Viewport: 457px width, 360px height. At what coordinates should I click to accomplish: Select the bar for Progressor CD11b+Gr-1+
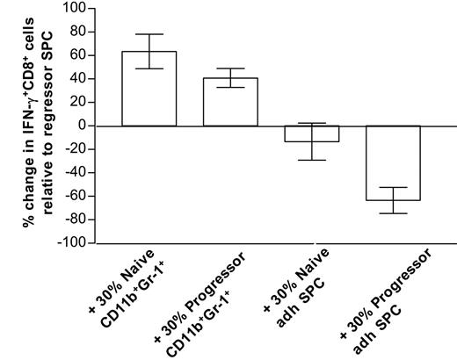pos(230,102)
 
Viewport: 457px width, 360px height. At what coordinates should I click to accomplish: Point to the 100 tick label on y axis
pos(71,9)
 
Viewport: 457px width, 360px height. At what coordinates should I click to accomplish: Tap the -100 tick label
pos(69,242)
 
